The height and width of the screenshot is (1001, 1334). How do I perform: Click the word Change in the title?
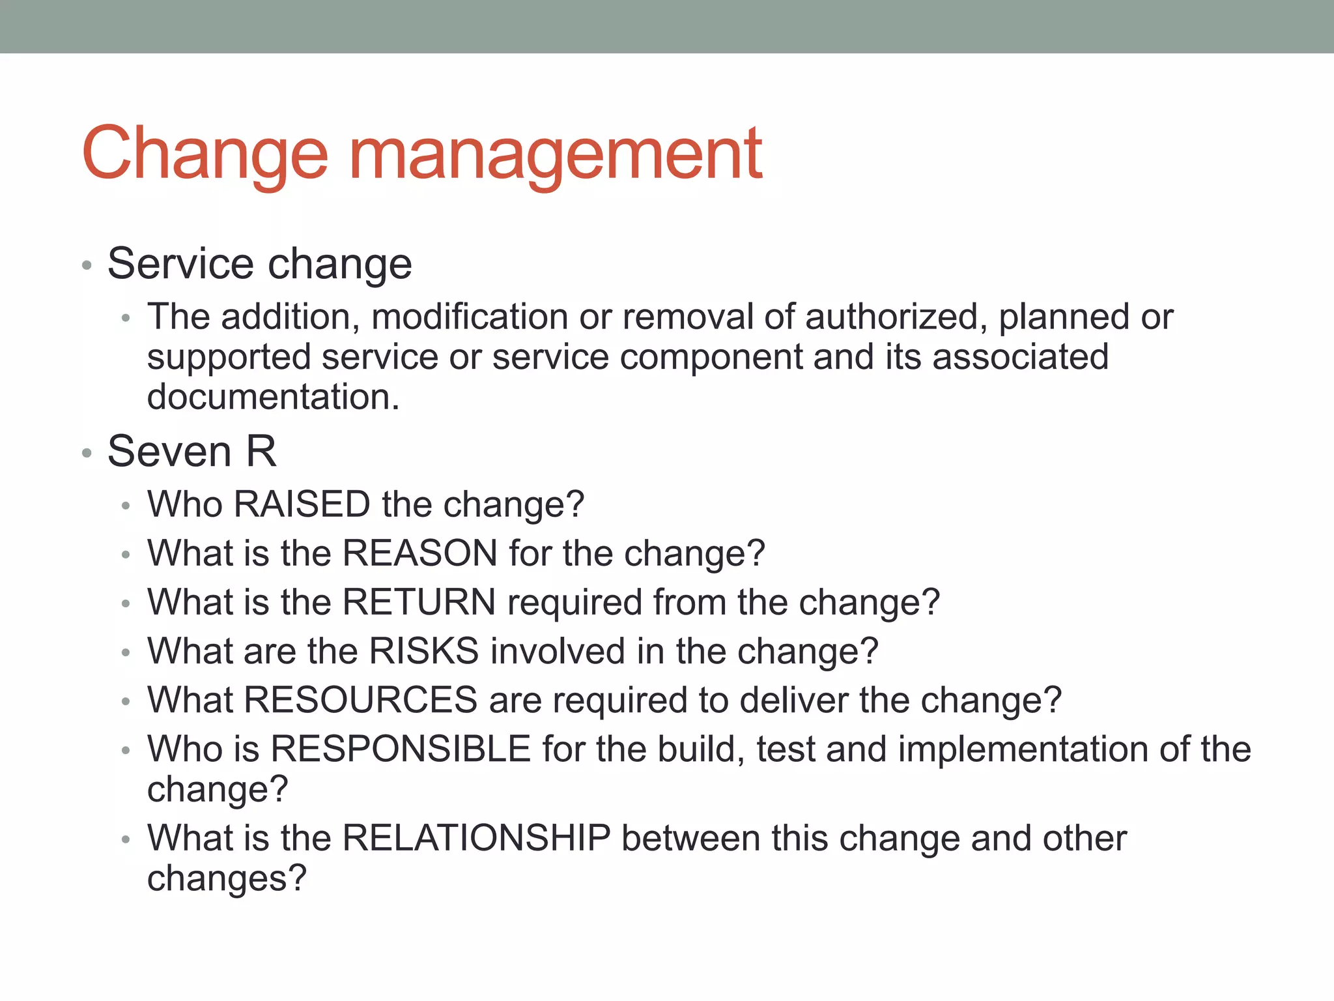[205, 154]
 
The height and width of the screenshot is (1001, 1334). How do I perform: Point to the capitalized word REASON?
[420, 553]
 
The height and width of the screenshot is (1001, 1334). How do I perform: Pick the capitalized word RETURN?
[419, 602]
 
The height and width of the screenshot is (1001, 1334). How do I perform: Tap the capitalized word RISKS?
[424, 651]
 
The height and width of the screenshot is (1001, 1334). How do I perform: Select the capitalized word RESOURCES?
[361, 700]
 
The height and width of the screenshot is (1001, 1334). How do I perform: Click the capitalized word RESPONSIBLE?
[401, 749]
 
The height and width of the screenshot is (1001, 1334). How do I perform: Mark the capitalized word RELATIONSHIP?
[476, 838]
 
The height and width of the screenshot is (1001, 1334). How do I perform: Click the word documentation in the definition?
[273, 397]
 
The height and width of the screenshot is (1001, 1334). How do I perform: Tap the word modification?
[469, 317]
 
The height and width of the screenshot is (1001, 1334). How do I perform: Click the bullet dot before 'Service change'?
[87, 265]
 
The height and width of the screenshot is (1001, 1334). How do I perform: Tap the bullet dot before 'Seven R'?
[87, 453]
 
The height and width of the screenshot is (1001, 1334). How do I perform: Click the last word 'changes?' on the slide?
[227, 879]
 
